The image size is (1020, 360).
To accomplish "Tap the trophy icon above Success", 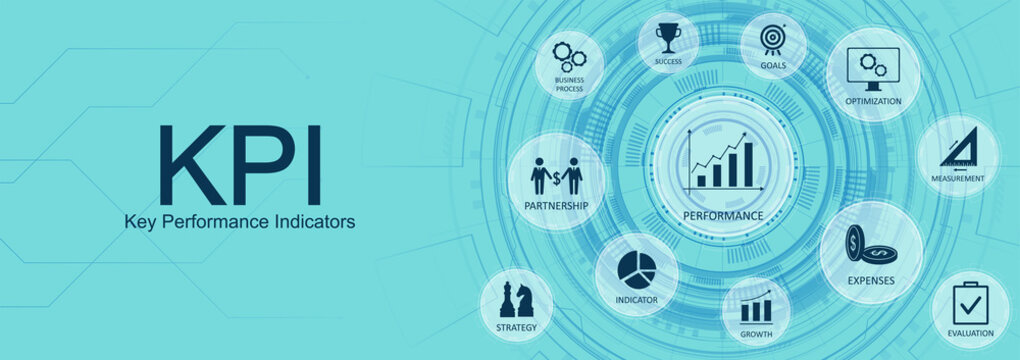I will [x=668, y=38].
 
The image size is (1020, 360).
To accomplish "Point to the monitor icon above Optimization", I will [x=872, y=66].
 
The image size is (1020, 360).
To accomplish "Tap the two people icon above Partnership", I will [x=556, y=176].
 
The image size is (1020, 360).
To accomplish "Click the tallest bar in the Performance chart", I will [x=747, y=164].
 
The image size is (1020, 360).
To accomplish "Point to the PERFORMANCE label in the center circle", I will [x=723, y=215].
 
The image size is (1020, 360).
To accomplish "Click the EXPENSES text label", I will [x=870, y=281].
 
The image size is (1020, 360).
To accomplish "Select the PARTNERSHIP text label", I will [x=556, y=206].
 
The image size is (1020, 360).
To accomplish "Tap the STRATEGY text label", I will [x=516, y=327].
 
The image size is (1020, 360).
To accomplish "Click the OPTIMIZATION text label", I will [x=873, y=101].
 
